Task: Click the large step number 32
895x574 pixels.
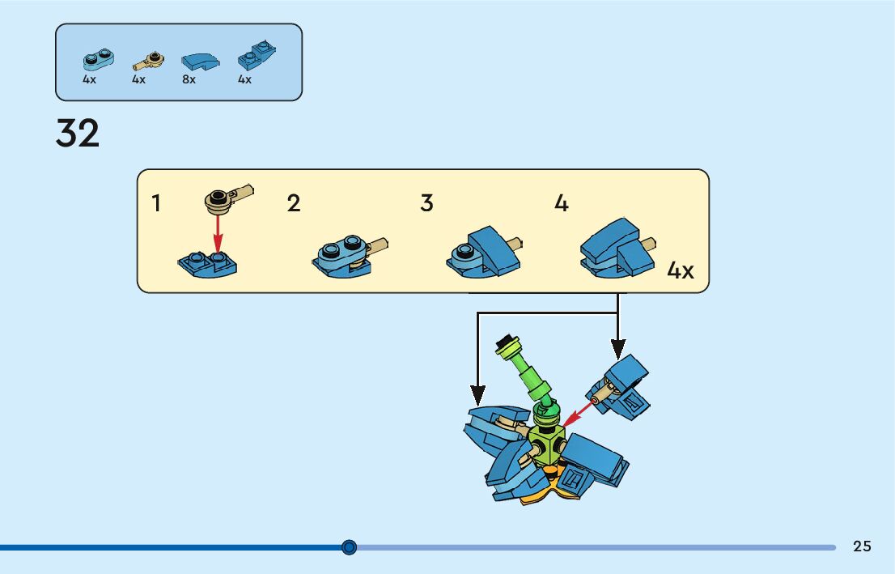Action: coord(78,134)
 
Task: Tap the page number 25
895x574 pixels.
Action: coord(862,546)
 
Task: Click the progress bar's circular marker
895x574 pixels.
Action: coord(349,547)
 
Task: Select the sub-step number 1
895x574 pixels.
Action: coord(156,203)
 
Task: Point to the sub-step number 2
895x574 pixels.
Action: coord(294,203)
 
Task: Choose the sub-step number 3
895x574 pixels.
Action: coord(427,203)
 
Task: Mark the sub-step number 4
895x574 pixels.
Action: coord(562,203)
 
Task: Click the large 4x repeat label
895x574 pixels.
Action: coord(680,270)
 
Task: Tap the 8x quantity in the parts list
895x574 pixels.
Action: coord(189,80)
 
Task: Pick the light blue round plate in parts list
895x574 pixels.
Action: coord(98,58)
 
